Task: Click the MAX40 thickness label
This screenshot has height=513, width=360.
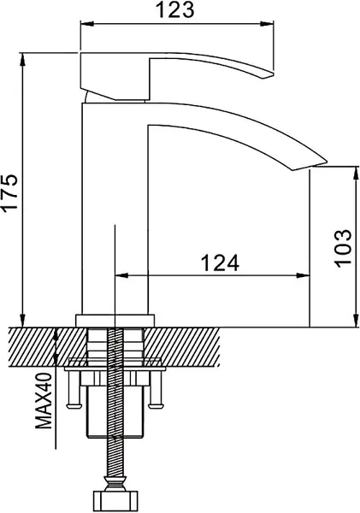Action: [44, 405]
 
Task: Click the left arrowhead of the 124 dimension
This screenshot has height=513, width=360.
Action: [120, 275]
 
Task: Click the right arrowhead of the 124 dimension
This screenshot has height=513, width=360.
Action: [304, 275]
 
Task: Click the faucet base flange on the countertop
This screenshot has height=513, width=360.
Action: [115, 320]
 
